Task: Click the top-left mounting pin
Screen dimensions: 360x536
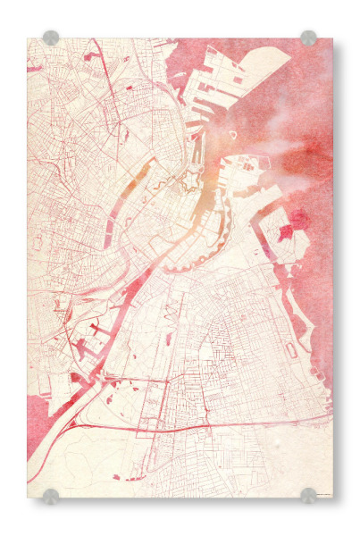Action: pos(51,38)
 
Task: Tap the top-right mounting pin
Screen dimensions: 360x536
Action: pos(308,38)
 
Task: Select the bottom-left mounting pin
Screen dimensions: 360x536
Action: pos(51,496)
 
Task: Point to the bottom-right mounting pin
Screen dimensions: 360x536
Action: pos(308,496)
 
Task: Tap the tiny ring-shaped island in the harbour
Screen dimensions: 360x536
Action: pos(233,136)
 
